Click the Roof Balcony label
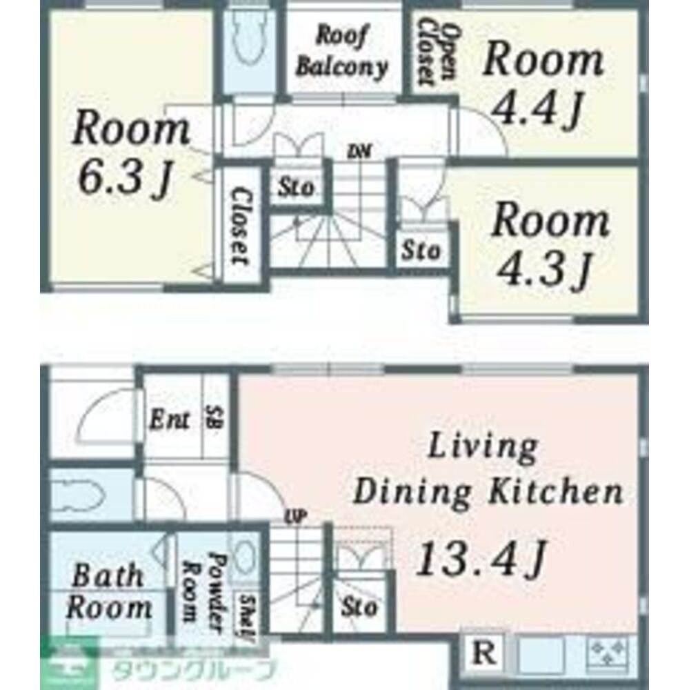pyautogui.click(x=342, y=52)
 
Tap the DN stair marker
pyautogui.click(x=360, y=152)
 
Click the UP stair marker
pyautogui.click(x=296, y=517)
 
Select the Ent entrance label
pyautogui.click(x=170, y=420)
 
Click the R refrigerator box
pyautogui.click(x=484, y=653)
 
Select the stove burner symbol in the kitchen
pyautogui.click(x=608, y=653)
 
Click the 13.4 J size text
pyautogui.click(x=481, y=560)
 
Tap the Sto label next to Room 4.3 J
pyautogui.click(x=421, y=250)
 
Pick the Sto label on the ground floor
pyautogui.click(x=359, y=608)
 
